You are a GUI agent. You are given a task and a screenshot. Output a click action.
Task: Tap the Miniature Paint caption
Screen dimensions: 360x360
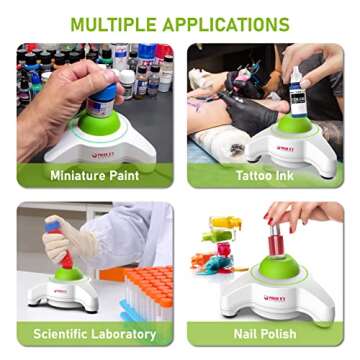click(x=95, y=175)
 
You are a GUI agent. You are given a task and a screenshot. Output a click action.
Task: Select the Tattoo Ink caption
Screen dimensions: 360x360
click(x=265, y=175)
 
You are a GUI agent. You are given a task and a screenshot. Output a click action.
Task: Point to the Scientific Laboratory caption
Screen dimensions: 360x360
click(x=95, y=333)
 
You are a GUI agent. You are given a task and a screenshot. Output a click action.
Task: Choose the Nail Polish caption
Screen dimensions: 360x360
click(x=265, y=333)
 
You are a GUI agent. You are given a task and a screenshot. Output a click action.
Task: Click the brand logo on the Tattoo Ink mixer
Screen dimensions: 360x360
click(x=285, y=148)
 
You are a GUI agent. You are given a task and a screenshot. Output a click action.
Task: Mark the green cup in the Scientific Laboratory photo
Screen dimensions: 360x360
click(x=69, y=275)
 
